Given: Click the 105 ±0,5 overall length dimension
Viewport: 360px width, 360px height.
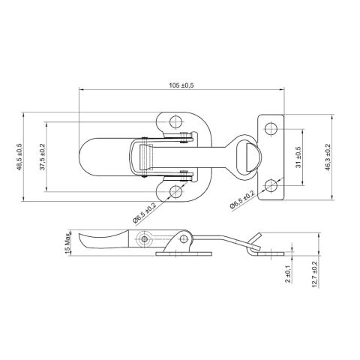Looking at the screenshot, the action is click(x=181, y=85).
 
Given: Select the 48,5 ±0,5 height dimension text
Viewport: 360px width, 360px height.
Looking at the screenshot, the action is click(x=19, y=157).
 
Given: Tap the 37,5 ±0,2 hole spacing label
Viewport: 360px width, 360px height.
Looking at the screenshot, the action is click(x=42, y=157).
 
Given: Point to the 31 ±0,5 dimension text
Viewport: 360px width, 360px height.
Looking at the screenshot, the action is click(x=298, y=157).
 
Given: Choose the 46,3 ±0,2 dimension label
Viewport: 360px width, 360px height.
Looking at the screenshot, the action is click(x=328, y=157).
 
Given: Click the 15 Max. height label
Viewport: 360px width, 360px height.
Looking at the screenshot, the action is click(x=67, y=244).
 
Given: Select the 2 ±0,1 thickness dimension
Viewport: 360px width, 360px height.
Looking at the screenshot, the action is click(x=288, y=274).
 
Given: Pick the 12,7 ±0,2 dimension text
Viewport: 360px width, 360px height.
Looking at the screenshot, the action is click(x=314, y=274).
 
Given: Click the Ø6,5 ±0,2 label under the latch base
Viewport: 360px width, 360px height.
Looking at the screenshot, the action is click(x=145, y=212).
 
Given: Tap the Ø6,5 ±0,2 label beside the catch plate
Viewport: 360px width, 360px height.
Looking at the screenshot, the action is click(x=242, y=199).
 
